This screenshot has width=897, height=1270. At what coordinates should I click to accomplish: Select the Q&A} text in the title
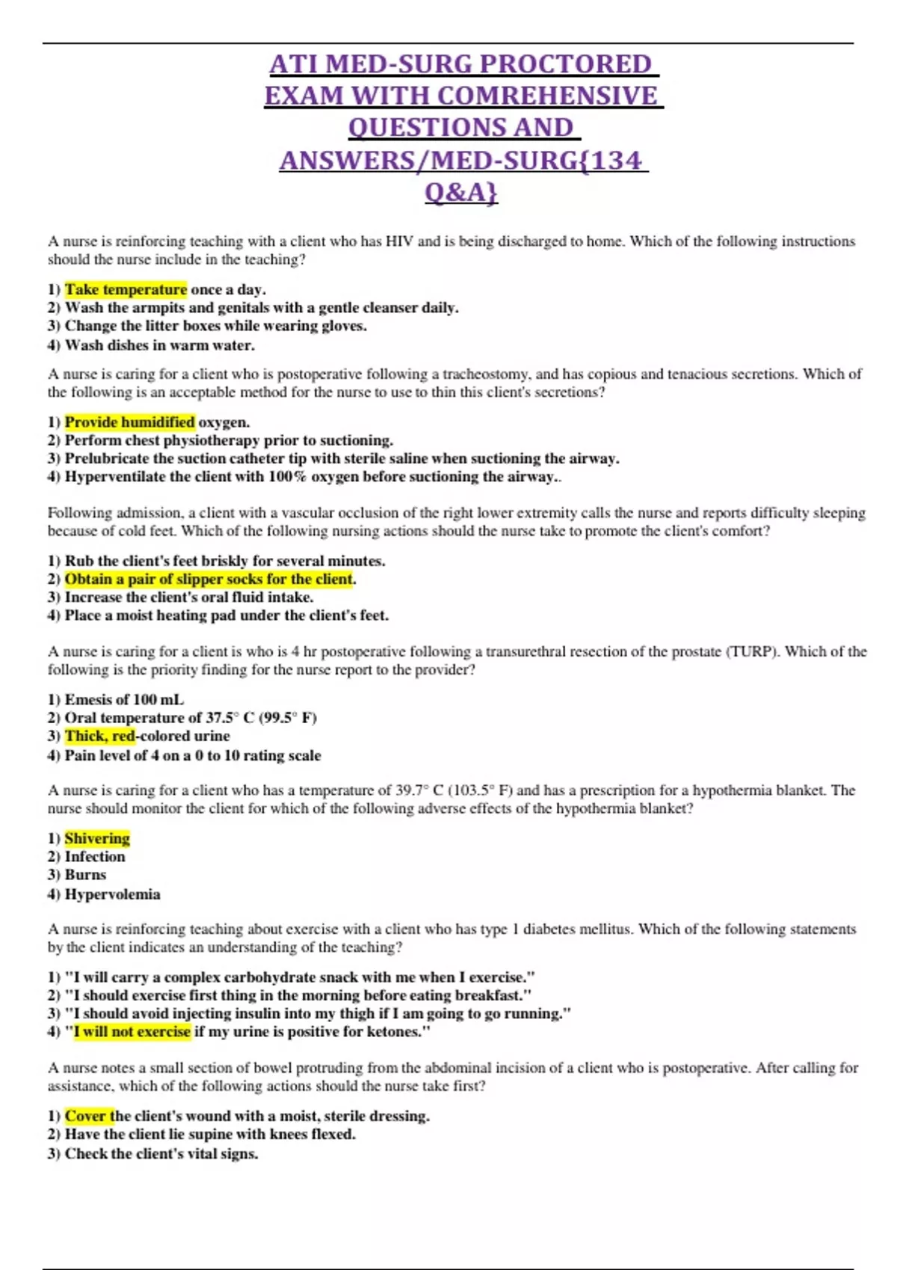[x=460, y=193]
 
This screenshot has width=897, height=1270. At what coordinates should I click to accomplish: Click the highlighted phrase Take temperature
[x=126, y=290]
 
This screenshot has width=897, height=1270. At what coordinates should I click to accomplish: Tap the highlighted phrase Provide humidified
[x=129, y=422]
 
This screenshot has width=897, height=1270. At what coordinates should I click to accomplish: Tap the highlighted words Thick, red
[x=99, y=736]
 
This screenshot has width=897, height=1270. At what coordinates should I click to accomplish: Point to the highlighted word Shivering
[x=97, y=838]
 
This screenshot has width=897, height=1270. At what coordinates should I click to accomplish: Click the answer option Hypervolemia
[x=112, y=894]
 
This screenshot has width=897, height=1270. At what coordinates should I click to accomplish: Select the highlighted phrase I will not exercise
[x=132, y=1032]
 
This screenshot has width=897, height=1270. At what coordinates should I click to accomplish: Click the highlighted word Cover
[x=85, y=1116]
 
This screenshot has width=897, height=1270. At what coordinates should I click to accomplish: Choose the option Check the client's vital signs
[x=161, y=1153]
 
